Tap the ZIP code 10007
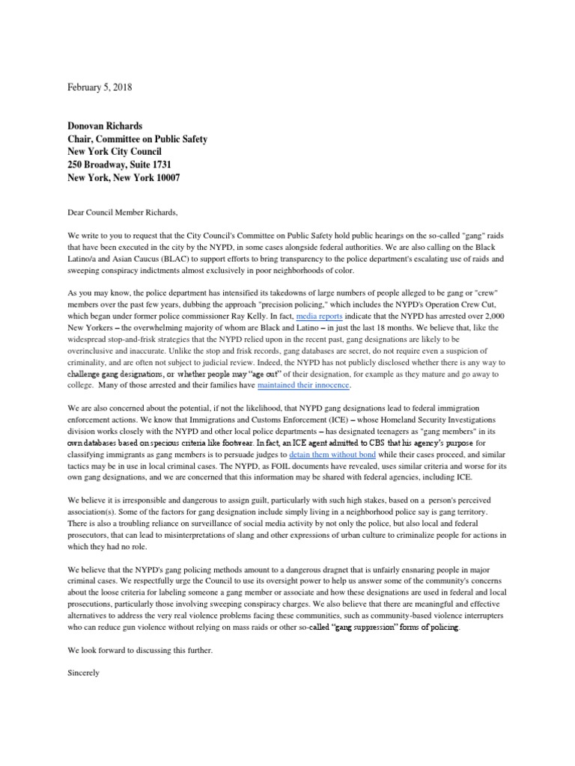[x=162, y=177]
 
